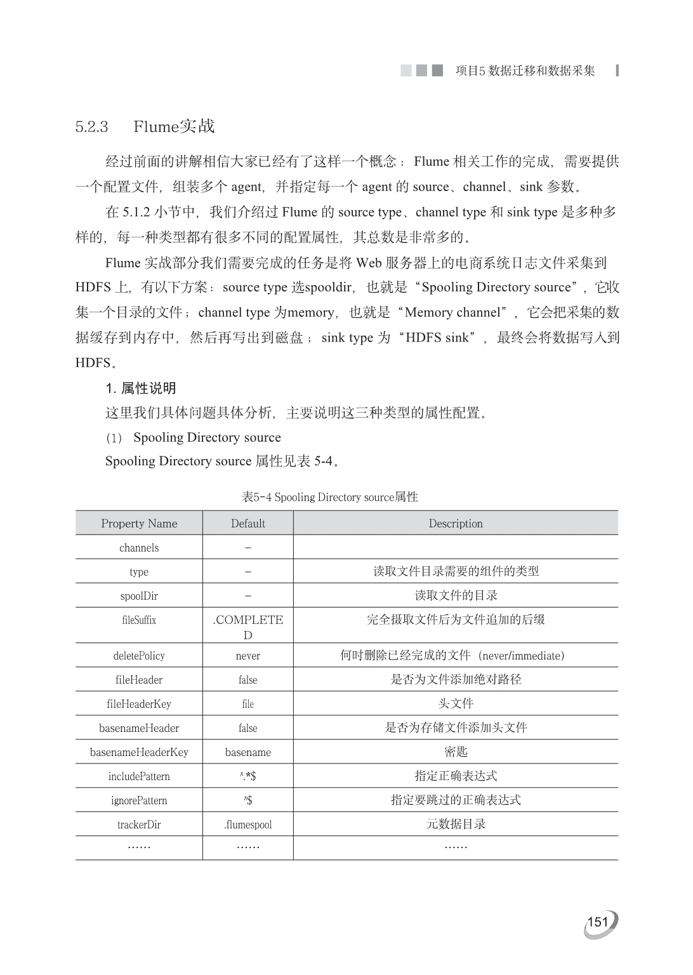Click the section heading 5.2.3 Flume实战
[145, 126]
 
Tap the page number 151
[598, 922]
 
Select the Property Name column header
[139, 524]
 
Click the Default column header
[247, 524]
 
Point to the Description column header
[456, 524]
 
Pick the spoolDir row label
[139, 596]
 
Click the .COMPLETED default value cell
[247, 627]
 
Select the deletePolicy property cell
[139, 656]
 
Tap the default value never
[247, 656]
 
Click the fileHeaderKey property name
[139, 704]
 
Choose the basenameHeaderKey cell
[139, 752]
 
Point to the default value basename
[247, 752]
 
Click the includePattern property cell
[139, 776]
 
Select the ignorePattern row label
[139, 800]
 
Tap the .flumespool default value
[247, 825]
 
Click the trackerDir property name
[139, 825]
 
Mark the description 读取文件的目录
[456, 595]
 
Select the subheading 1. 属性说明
[140, 388]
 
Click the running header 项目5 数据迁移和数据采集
[525, 70]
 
